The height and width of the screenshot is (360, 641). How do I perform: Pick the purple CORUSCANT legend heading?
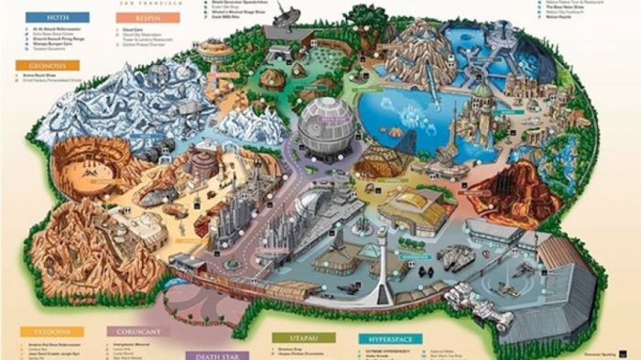(x=138, y=332)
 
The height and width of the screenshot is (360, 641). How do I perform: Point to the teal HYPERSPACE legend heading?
(x=389, y=339)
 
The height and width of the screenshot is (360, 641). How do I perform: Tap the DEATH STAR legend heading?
(x=217, y=355)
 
